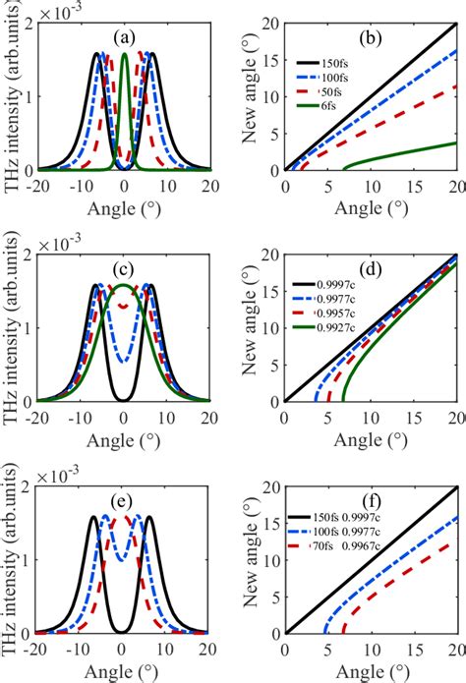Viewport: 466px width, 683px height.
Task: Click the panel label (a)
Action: (x=124, y=38)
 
